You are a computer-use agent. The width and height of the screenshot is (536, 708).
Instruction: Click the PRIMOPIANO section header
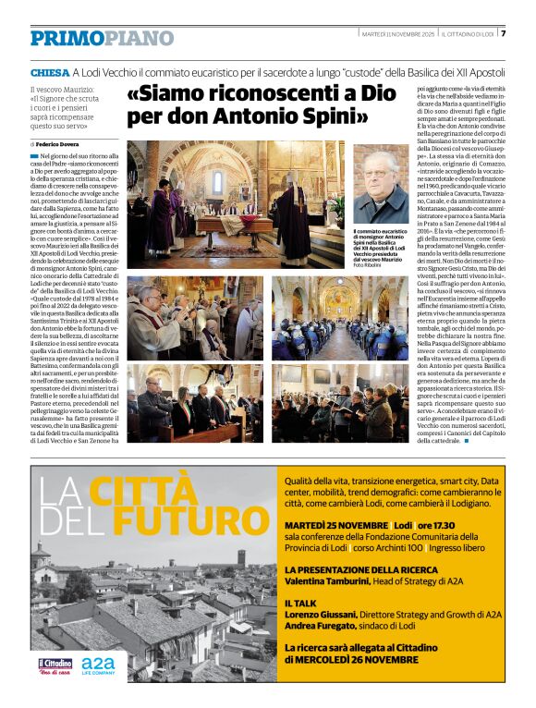pyautogui.click(x=102, y=38)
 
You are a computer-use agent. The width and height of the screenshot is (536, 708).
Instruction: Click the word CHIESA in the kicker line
pyautogui.click(x=48, y=71)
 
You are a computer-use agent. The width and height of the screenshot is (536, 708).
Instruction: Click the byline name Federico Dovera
pyautogui.click(x=58, y=145)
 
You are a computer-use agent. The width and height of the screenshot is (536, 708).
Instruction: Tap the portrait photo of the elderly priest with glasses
pyautogui.click(x=382, y=182)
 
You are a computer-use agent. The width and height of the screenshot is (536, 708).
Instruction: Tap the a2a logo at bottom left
pyautogui.click(x=99, y=665)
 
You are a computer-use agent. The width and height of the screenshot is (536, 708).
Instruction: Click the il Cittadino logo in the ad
pyautogui.click(x=55, y=665)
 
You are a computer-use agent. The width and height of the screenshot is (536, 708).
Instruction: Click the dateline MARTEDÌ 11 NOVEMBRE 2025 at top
pyautogui.click(x=391, y=34)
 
